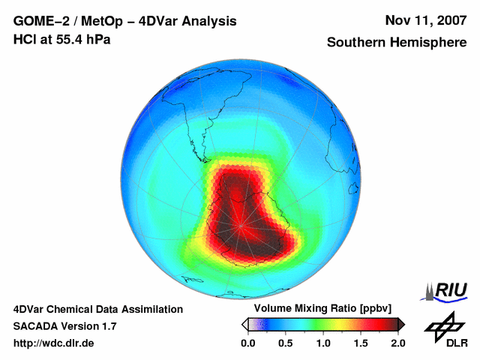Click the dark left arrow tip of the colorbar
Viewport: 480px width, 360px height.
pyautogui.click(x=244, y=324)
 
